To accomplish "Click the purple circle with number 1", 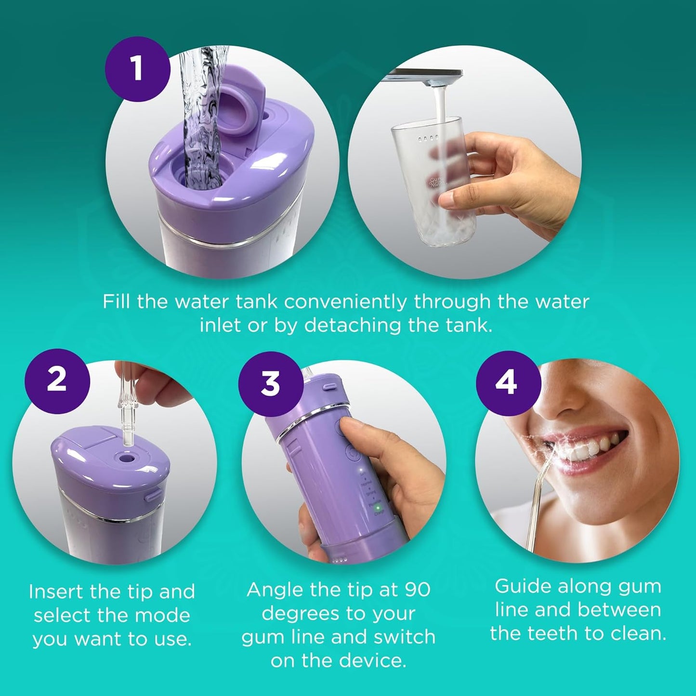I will click(138, 68).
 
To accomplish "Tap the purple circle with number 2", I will click(57, 381).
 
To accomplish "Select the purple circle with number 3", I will click(271, 384).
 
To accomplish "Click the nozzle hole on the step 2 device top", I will click(128, 458).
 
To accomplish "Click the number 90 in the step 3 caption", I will click(417, 590).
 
